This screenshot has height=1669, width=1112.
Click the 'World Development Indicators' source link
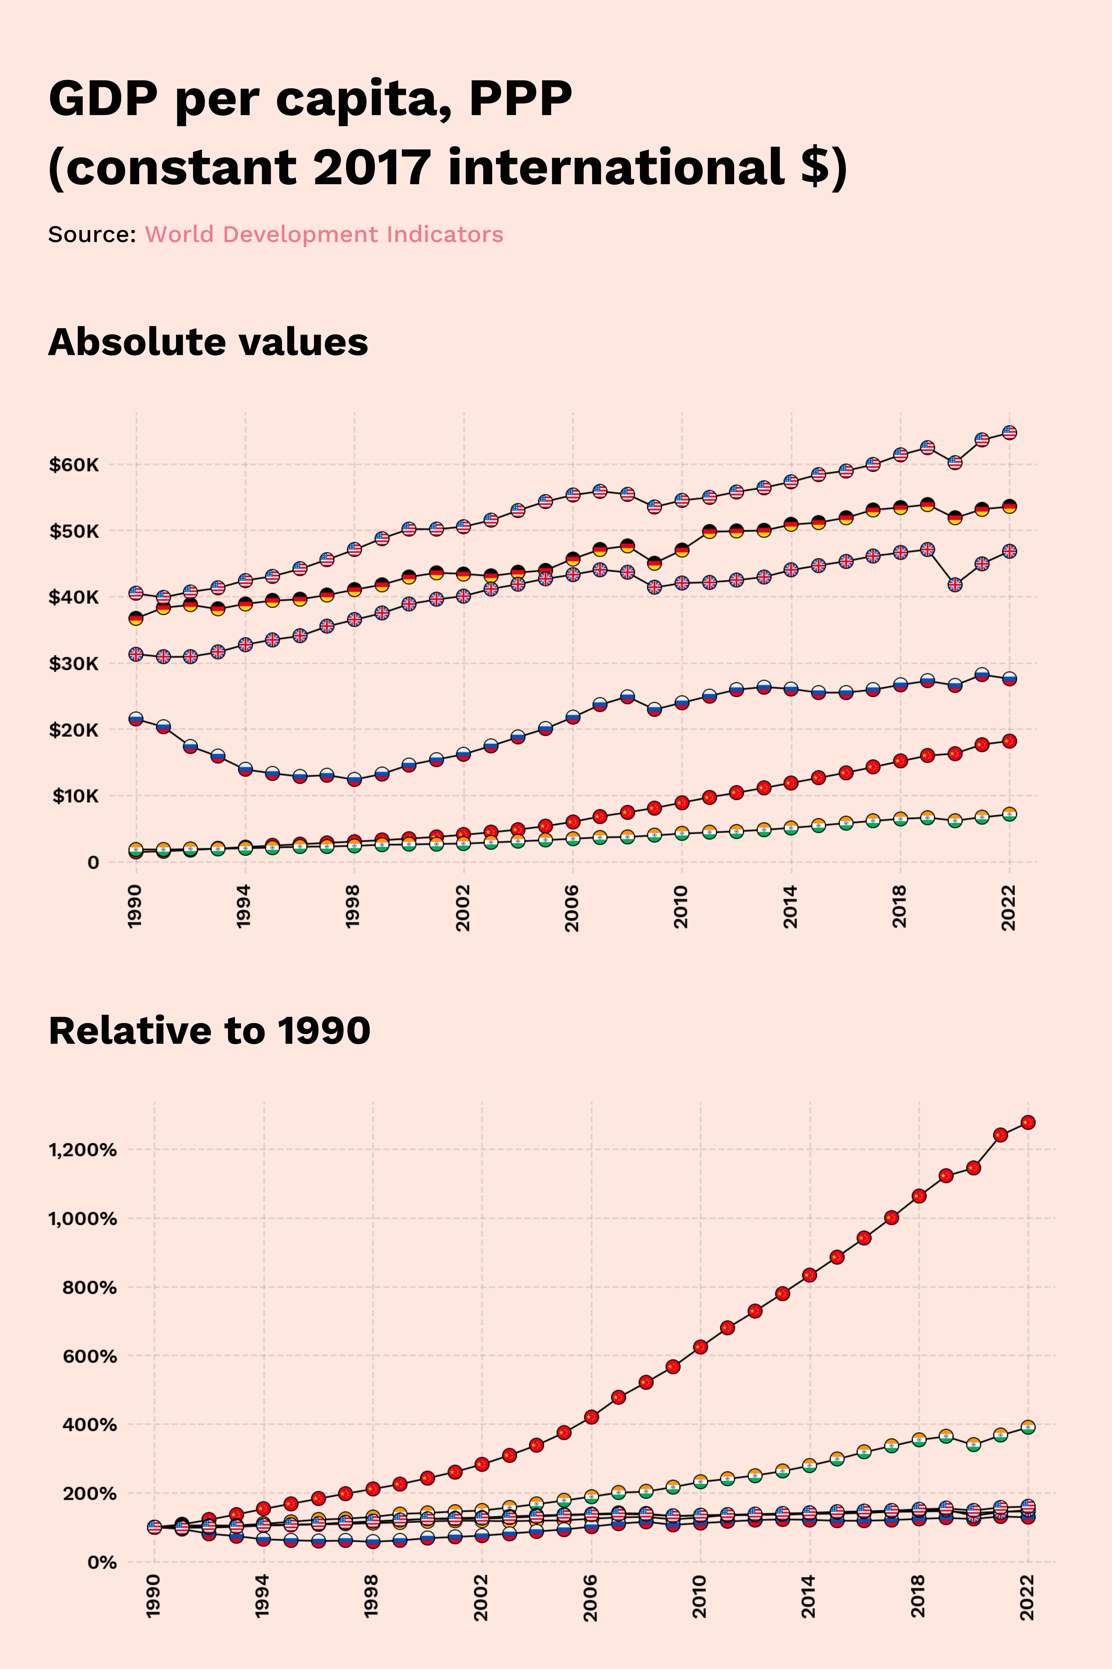tap(324, 234)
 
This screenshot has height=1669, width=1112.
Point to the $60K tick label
tap(74, 465)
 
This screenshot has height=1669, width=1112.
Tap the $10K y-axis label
tap(75, 796)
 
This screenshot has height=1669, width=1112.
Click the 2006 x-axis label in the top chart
tap(572, 907)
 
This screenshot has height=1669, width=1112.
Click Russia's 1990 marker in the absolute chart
tap(136, 719)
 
